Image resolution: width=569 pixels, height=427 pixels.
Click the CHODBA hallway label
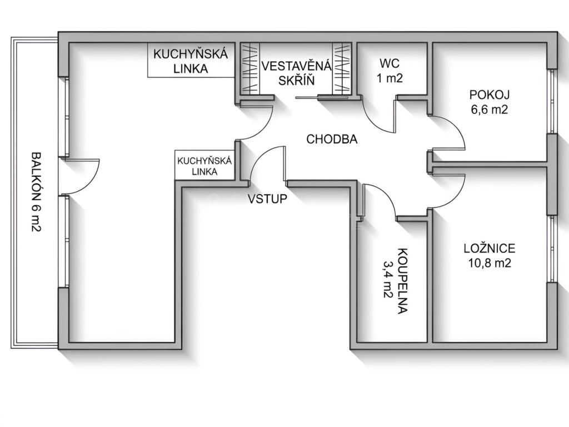point(332,139)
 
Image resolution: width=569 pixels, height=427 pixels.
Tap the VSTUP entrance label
point(267,198)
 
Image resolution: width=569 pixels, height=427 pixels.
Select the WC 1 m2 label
point(390,71)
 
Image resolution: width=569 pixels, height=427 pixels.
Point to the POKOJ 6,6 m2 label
point(490,102)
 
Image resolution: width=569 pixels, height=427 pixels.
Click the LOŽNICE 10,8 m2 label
point(490,255)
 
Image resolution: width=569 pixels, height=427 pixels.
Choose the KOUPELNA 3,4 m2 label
point(396,281)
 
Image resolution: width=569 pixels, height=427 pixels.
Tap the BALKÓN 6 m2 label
point(36,192)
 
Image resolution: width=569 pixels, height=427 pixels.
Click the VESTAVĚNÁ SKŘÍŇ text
point(297,73)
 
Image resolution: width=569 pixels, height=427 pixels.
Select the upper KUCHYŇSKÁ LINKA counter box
point(191,60)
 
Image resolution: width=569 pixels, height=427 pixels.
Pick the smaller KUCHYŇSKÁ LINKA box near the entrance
point(204,165)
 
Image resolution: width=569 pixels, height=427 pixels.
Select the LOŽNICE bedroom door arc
point(457,196)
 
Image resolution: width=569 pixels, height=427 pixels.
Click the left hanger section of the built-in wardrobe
point(250,68)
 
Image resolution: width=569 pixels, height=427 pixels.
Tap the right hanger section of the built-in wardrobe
point(342,68)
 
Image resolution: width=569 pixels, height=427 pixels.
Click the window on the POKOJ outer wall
point(552,101)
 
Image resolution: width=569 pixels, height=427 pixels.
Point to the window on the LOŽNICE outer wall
point(552,249)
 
